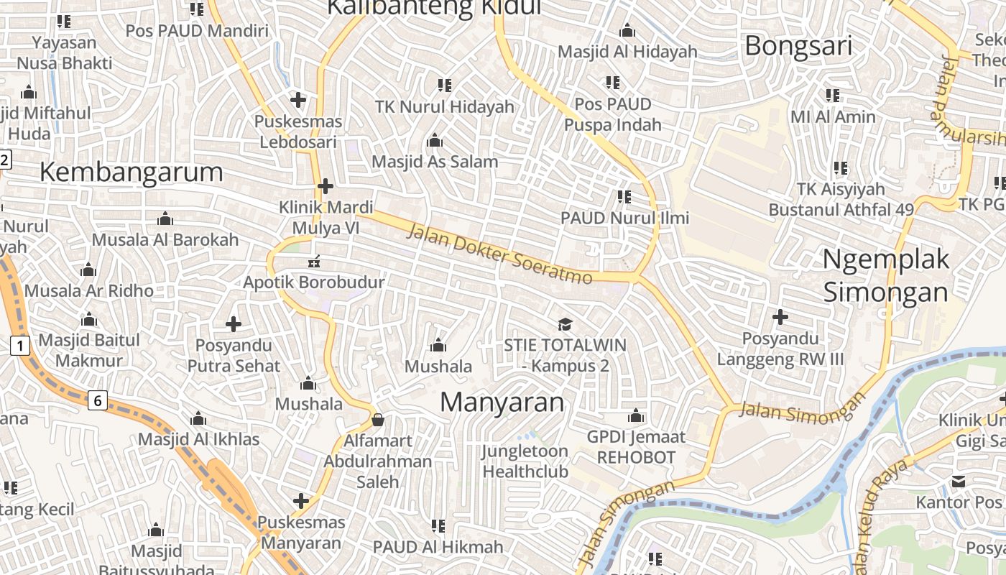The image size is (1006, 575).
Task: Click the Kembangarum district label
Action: (x=131, y=172)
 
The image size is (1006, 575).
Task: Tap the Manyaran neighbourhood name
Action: (x=502, y=402)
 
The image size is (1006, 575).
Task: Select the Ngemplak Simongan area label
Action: (x=885, y=276)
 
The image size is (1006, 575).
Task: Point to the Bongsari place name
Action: (x=798, y=46)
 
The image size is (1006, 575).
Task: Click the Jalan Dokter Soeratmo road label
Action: (x=500, y=254)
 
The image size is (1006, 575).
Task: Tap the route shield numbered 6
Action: (x=98, y=400)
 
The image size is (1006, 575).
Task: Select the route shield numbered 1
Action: (x=20, y=346)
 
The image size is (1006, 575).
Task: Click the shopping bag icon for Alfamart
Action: (x=377, y=420)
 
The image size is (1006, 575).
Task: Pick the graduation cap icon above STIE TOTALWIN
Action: (x=565, y=324)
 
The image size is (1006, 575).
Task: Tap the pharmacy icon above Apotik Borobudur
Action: (x=313, y=261)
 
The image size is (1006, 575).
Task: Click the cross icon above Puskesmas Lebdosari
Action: (x=298, y=100)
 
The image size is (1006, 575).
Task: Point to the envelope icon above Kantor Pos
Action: (x=959, y=481)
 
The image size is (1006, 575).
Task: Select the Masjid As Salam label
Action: (x=435, y=162)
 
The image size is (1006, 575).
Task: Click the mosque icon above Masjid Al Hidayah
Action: (x=627, y=31)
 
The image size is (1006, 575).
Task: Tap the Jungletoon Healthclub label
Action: (x=525, y=461)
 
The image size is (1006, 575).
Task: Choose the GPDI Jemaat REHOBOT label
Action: (x=636, y=447)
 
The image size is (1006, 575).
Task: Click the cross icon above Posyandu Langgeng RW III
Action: (x=780, y=316)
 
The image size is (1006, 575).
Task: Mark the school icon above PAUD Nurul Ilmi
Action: (x=624, y=196)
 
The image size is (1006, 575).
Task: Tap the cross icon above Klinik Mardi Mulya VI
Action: (x=326, y=186)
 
